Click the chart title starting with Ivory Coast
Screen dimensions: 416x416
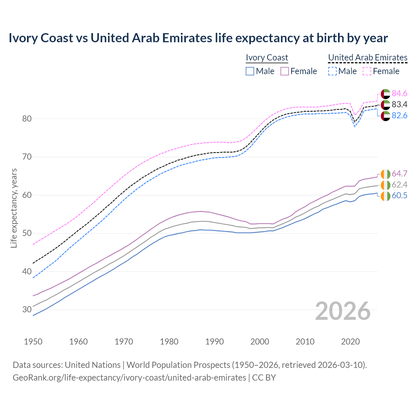pos(198,38)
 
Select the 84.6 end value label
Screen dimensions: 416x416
pos(399,94)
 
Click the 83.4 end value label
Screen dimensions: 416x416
pos(399,105)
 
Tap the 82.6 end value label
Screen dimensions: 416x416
pos(399,116)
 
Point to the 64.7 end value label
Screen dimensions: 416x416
pos(399,174)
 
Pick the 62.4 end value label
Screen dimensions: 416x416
pos(399,185)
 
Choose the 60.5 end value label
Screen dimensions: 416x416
pos(399,196)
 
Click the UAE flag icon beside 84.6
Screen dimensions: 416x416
pos(385,94)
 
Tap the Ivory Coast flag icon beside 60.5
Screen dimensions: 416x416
pos(385,196)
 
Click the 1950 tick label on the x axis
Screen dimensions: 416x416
pos(33,342)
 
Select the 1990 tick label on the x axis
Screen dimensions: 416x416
pos(214,342)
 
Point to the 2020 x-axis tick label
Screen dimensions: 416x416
pos(350,342)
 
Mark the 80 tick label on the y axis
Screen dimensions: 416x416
pos(27,119)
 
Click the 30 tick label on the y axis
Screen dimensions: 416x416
pos(27,310)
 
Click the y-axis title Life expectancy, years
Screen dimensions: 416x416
pos(14,208)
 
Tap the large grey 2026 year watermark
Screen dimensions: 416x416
pos(343,311)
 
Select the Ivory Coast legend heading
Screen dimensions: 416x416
pos(267,58)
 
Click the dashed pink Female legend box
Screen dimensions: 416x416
pos(367,71)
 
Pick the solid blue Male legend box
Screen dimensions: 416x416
pos(250,71)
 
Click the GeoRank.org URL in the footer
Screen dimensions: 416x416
pos(129,378)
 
